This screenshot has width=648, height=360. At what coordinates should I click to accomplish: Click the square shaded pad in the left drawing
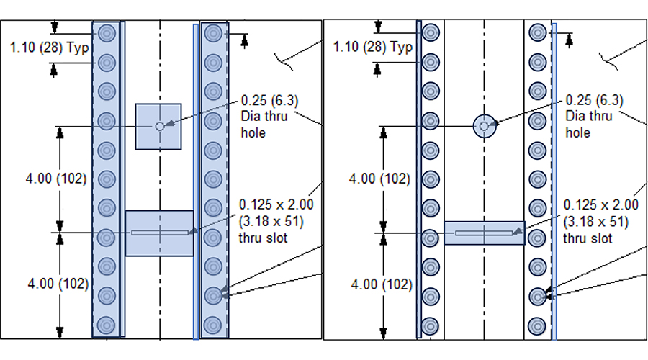point(158,127)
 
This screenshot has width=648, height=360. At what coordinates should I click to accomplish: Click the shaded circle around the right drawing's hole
point(485,126)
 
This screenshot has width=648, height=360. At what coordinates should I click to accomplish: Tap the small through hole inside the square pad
point(160,127)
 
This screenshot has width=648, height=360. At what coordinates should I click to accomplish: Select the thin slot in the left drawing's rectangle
point(160,233)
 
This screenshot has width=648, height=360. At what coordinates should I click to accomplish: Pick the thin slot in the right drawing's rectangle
point(484,233)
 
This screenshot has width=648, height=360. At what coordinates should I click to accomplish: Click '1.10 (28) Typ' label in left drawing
point(49,48)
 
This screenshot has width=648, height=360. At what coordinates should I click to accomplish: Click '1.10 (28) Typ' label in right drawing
point(373,47)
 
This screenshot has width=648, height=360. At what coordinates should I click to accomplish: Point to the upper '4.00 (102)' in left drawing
point(56,179)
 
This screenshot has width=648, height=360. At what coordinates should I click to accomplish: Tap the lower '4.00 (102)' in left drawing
point(58,284)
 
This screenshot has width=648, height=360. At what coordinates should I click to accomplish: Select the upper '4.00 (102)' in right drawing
point(379,179)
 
